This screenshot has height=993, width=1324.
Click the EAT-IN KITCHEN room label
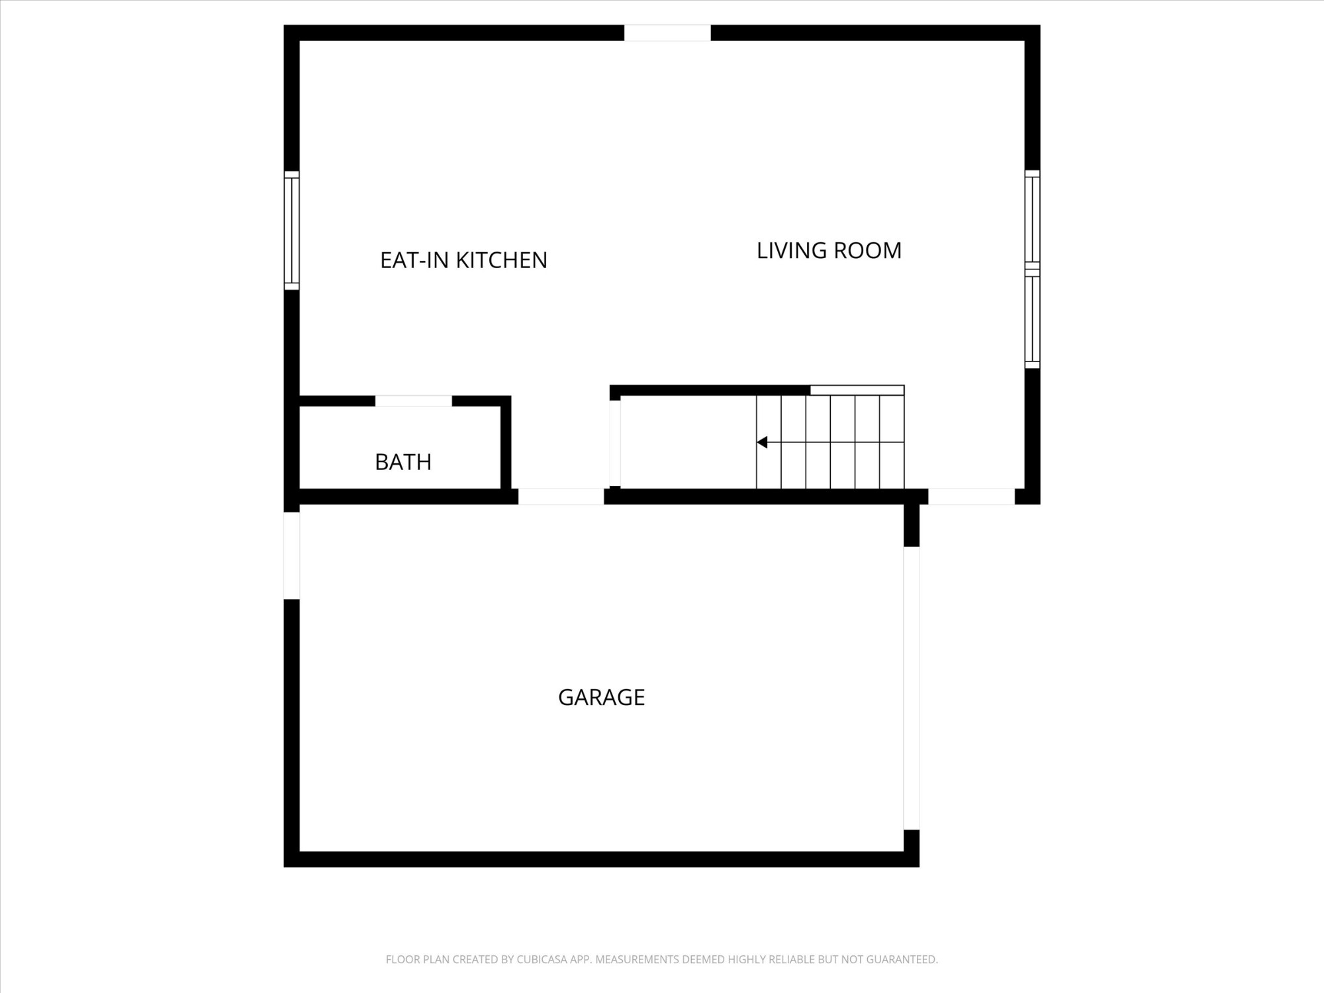[463, 260]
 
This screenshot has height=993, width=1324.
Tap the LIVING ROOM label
[829, 250]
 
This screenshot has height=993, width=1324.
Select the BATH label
[403, 461]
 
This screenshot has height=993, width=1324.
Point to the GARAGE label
[601, 697]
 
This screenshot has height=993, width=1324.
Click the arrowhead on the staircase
[762, 442]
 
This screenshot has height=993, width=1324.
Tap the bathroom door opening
[414, 401]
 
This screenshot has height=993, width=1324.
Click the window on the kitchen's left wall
[292, 230]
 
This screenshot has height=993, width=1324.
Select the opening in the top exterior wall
[667, 33]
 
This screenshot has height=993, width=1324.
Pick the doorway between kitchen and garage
[561, 496]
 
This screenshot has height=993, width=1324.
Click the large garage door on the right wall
[912, 688]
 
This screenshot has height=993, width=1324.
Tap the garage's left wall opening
[292, 556]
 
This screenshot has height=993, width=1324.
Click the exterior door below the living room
[971, 496]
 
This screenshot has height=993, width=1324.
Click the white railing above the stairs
[857, 391]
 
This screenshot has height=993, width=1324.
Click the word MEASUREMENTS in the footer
[637, 959]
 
